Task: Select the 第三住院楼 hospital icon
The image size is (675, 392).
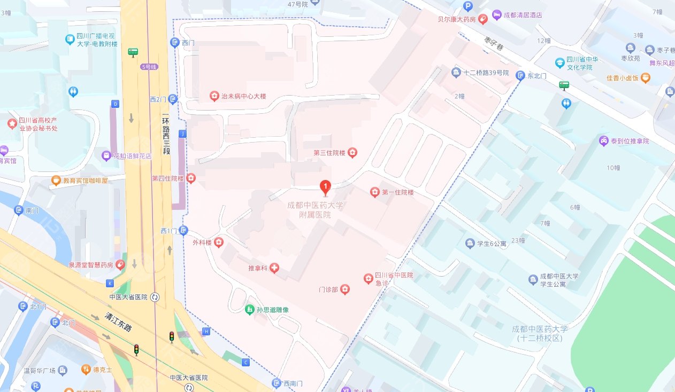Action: pyautogui.click(x=352, y=153)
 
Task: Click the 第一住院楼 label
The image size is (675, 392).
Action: pyautogui.click(x=398, y=192)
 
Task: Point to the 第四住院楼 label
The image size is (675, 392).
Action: pyautogui.click(x=167, y=178)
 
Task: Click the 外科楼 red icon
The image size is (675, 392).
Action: pyautogui.click(x=219, y=242)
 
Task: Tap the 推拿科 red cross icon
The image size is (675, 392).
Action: pyautogui.click(x=274, y=268)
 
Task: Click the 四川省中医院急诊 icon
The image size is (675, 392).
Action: pyautogui.click(x=368, y=279)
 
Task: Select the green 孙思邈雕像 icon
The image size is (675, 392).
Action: pyautogui.click(x=249, y=309)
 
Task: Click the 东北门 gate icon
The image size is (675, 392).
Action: pyautogui.click(x=519, y=76)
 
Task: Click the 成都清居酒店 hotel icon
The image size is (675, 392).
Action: pyautogui.click(x=497, y=15)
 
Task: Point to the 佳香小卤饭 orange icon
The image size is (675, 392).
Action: pyautogui.click(x=646, y=78)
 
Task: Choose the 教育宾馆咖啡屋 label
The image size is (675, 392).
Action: pyautogui.click(x=85, y=181)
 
